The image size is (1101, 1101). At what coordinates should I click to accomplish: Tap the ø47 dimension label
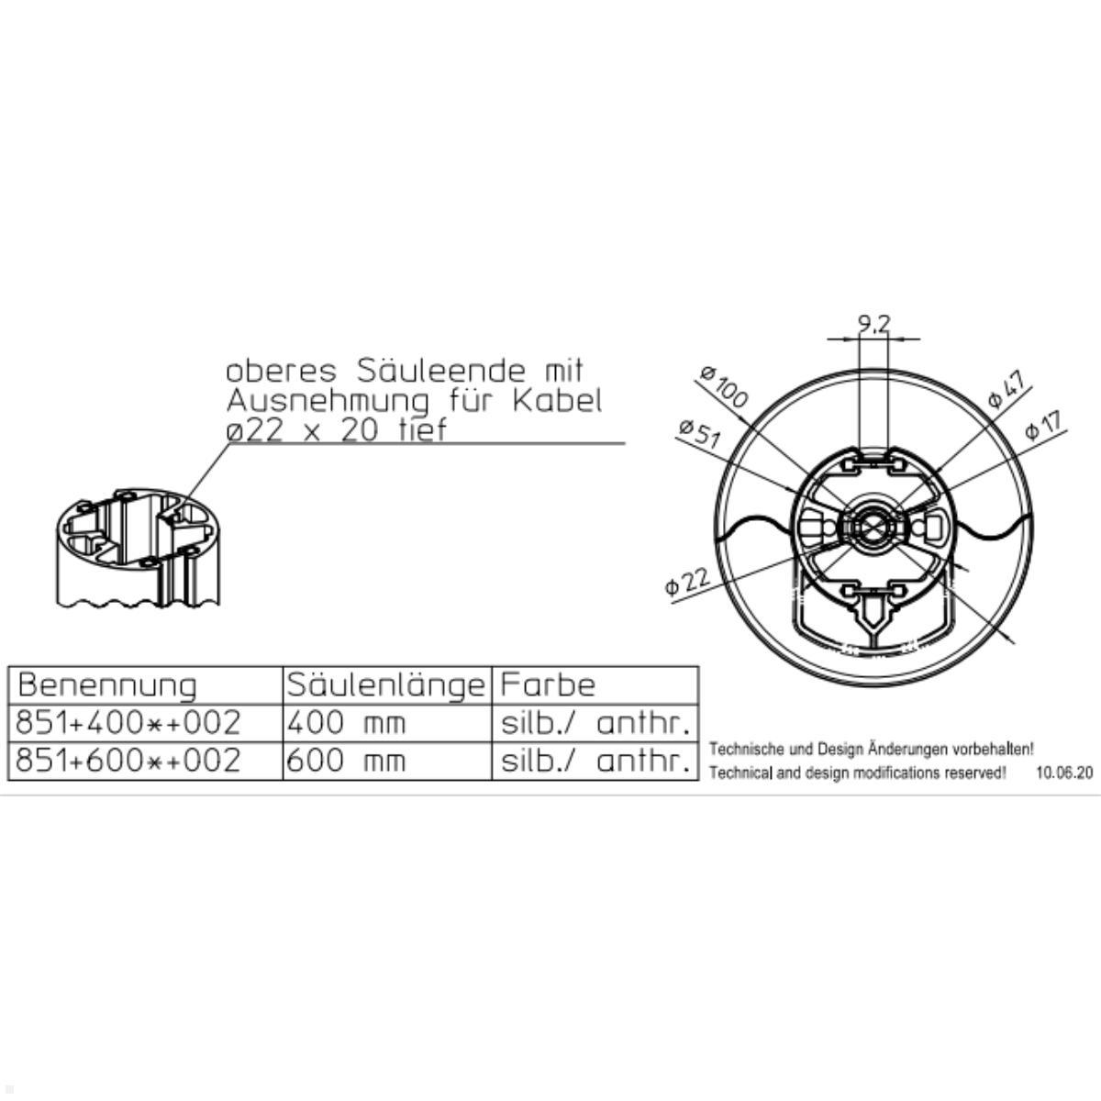tap(1006, 389)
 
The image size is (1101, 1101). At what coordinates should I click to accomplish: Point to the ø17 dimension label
tap(1043, 425)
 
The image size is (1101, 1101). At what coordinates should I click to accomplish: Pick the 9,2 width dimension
tap(873, 324)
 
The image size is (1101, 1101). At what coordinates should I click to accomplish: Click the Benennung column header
tap(107, 685)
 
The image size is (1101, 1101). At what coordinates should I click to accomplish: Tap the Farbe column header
tap(548, 685)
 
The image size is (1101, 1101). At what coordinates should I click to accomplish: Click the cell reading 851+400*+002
tap(129, 724)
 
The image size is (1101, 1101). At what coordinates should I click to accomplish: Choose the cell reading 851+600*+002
tap(129, 762)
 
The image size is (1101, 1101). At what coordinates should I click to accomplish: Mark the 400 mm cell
tap(346, 724)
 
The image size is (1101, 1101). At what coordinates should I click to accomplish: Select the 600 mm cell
tap(346, 762)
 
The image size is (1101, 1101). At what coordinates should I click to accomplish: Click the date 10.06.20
tap(1064, 773)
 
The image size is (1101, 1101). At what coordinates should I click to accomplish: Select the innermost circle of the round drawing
tap(872, 527)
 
